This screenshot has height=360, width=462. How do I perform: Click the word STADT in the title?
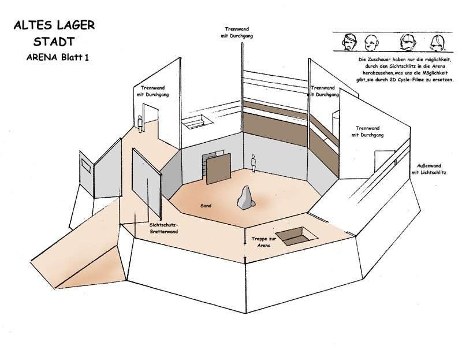point(53,42)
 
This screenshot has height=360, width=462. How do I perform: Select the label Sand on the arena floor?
point(206,205)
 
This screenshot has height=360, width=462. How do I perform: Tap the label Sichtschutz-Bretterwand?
point(163,227)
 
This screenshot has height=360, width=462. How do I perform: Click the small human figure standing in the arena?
point(253,162)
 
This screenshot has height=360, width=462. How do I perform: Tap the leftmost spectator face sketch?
point(348,42)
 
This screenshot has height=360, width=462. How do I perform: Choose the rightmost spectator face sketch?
point(437,42)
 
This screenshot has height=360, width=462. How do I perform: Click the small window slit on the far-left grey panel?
point(86,166)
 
